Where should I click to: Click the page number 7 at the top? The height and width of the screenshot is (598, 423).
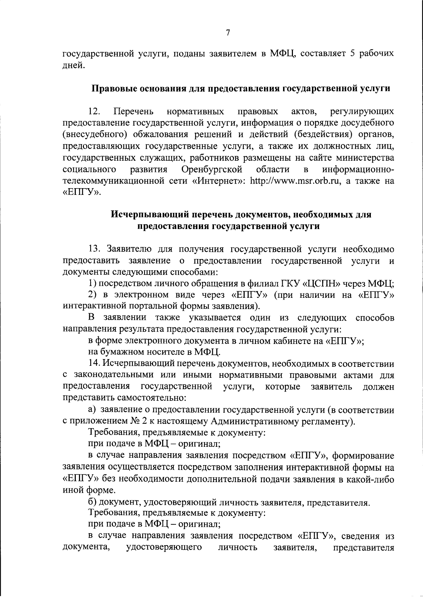228,33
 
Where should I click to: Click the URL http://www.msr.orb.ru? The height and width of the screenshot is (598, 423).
293,181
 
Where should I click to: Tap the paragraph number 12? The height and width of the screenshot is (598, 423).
94,112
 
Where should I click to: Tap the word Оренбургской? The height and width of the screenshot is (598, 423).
212,169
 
